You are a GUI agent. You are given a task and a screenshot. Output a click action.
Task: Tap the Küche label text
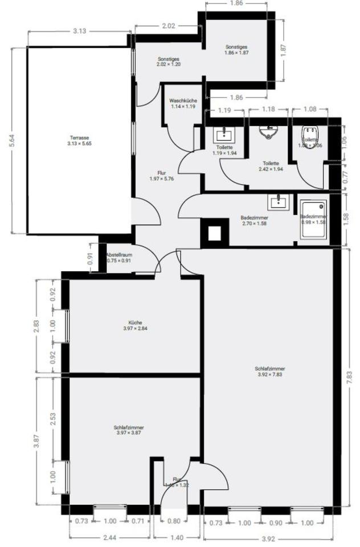pos(135,325)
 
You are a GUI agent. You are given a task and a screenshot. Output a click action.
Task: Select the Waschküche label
pos(183,103)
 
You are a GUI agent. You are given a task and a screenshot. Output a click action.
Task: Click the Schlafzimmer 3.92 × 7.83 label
pos(269,372)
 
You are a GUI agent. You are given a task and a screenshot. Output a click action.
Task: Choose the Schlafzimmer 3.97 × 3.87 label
pos(128,430)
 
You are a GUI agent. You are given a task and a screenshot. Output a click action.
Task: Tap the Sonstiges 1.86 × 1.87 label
pos(236,50)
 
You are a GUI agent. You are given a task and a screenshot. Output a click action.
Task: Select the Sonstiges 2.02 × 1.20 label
pos(169,62)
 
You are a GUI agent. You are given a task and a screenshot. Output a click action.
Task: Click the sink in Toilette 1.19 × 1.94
pos(222,135)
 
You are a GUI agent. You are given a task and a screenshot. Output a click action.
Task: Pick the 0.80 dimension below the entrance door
pos(174,520)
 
